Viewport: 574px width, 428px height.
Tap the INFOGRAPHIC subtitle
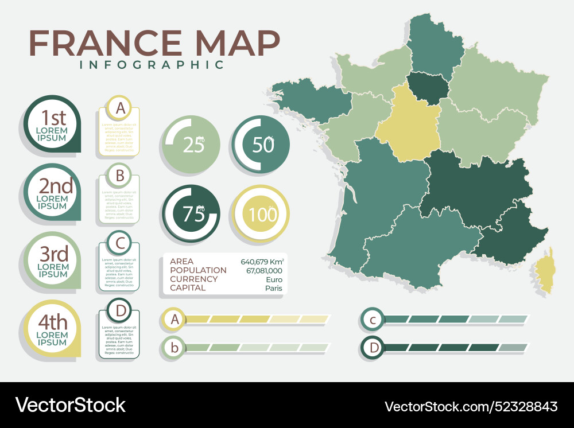[x=152, y=64]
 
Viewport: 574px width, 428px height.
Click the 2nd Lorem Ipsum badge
[x=52, y=193]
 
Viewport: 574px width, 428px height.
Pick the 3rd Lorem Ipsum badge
[x=52, y=261]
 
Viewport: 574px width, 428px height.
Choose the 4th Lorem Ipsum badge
[x=52, y=329]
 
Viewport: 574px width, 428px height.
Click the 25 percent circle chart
[x=191, y=145]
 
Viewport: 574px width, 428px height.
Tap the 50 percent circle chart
[x=261, y=145]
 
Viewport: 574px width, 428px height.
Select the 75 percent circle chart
[x=191, y=213]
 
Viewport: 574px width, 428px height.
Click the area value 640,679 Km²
[x=262, y=262]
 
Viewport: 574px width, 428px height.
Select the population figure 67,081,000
[x=264, y=270]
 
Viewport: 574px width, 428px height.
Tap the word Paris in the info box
[x=274, y=288]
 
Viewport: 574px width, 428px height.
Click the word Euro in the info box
[x=274, y=279]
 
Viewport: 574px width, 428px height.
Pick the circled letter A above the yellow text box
[x=120, y=108]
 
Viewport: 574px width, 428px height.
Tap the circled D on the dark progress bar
[x=374, y=347]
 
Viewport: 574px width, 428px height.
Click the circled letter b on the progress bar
[x=174, y=347]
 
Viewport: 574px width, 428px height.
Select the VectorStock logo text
[x=71, y=405]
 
